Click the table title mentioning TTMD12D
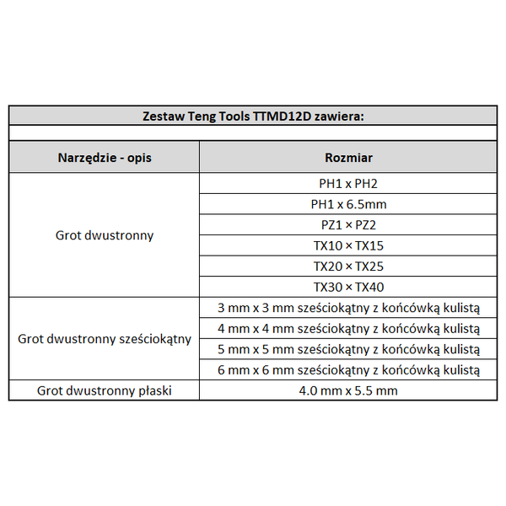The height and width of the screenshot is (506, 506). (253, 116)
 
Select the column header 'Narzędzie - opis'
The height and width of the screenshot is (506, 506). (105, 158)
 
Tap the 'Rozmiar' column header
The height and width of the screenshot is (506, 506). (348, 158)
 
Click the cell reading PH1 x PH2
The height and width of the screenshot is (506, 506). (348, 183)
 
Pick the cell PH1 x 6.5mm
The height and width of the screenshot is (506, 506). (348, 204)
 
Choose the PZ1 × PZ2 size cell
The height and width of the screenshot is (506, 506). (348, 224)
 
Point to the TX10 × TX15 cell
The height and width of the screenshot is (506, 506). (348, 245)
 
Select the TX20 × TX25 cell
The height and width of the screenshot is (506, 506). (348, 266)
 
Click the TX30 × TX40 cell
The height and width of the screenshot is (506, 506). (348, 287)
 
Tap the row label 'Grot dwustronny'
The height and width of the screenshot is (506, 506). (105, 235)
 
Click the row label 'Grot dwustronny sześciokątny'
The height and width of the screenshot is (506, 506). (105, 339)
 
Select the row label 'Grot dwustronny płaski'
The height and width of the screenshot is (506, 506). (105, 390)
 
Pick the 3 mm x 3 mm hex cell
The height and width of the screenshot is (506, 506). (348, 308)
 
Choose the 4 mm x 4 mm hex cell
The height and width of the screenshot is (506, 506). (348, 328)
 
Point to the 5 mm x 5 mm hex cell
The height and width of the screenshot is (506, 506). (348, 349)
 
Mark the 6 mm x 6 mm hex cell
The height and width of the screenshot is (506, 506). (348, 369)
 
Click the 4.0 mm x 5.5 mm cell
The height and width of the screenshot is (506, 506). (348, 390)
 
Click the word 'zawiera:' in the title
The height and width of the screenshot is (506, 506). (339, 116)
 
